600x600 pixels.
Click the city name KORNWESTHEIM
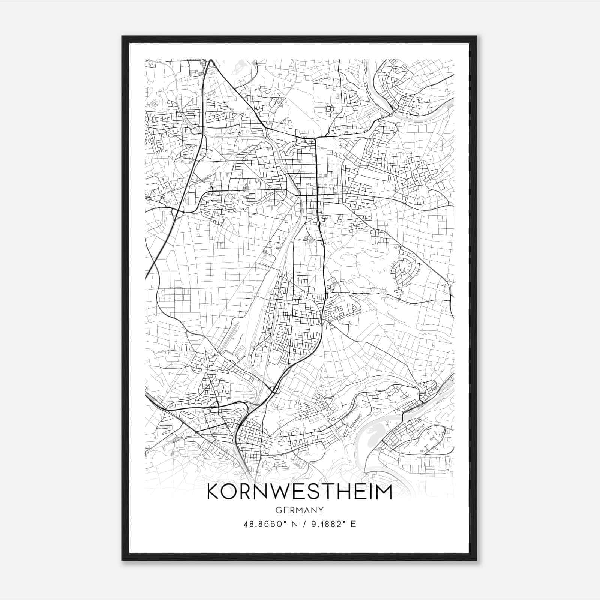point(299,492)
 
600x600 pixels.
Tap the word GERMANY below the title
point(299,510)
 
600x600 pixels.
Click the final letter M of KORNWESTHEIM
point(382,492)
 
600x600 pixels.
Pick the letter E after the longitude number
point(353,524)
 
